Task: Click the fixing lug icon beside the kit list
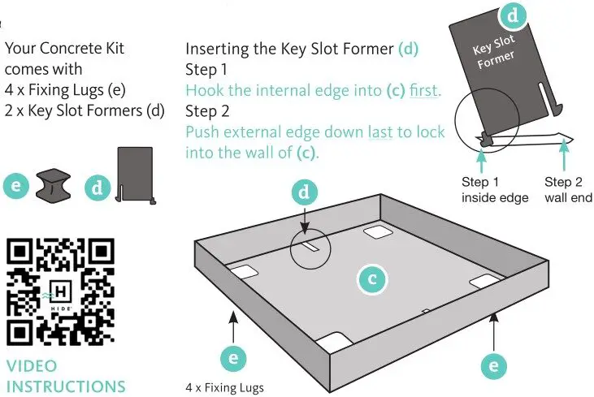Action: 55,185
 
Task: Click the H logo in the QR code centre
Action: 61,291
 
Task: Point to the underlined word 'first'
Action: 423,90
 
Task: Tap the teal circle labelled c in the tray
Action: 372,279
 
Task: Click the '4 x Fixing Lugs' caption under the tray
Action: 225,387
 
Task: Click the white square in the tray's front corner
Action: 336,343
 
